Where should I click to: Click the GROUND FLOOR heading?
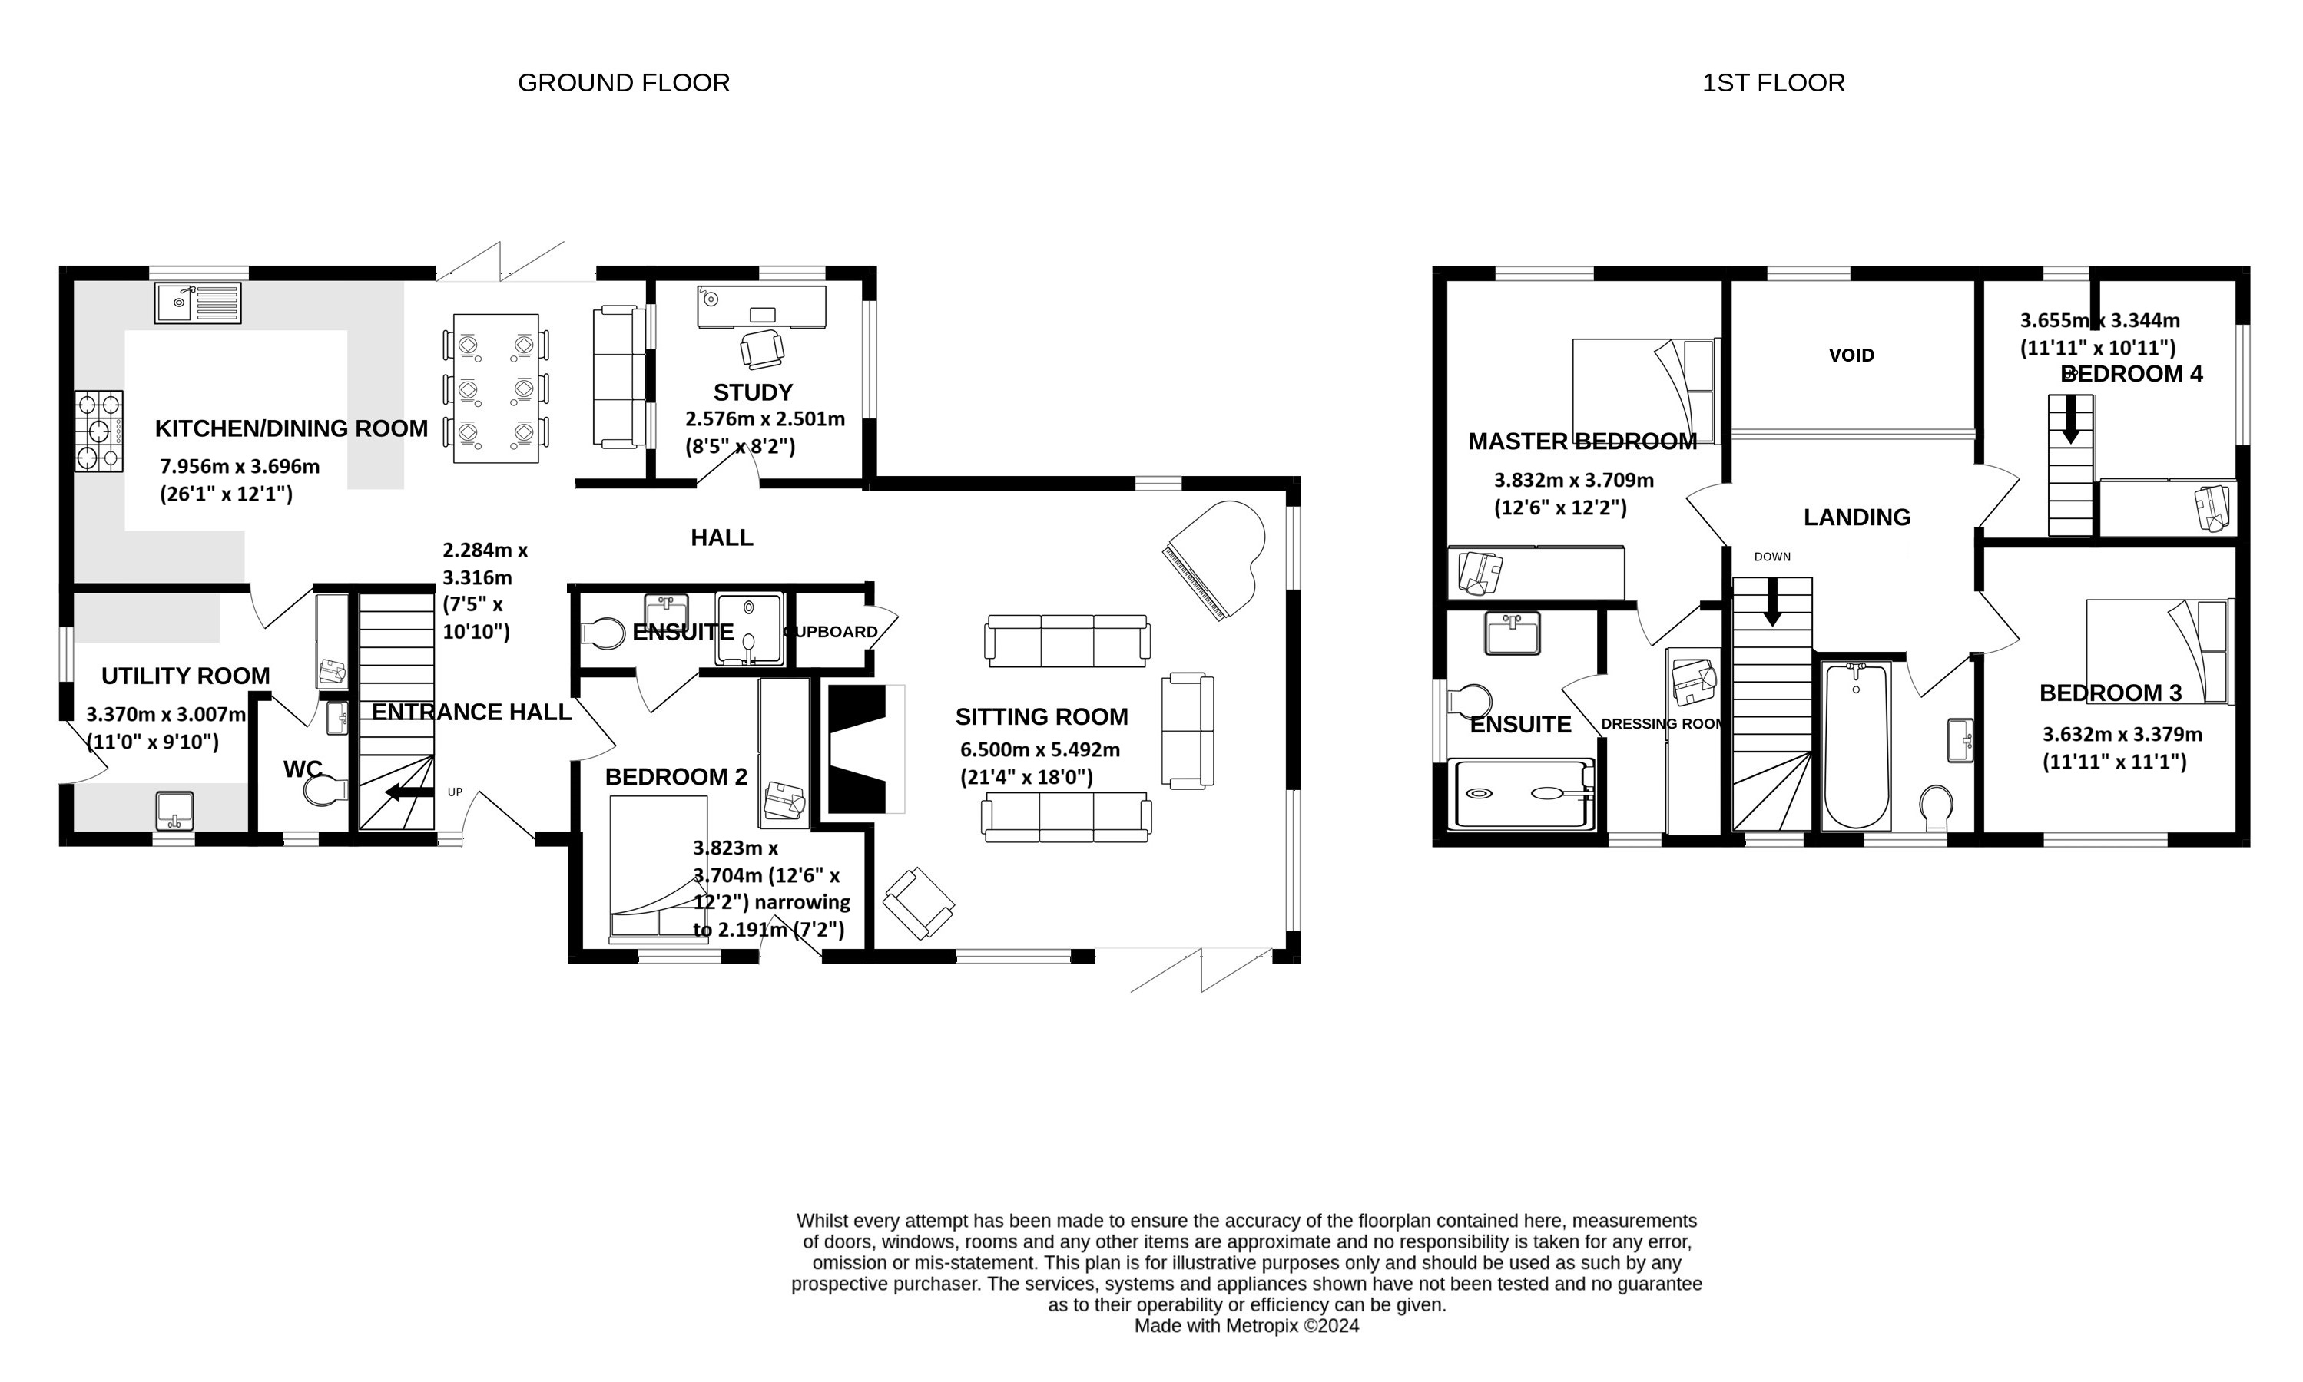(623, 83)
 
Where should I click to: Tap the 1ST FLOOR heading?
(1773, 83)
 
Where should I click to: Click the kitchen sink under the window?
(197, 302)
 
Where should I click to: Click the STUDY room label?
(753, 392)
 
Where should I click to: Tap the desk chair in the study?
(762, 349)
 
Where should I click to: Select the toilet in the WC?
(323, 791)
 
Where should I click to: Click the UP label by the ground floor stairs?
(455, 792)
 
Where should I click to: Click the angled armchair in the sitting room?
(919, 902)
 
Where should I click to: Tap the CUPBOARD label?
(831, 631)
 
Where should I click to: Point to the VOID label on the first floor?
(1851, 355)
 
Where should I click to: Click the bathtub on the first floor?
(1856, 745)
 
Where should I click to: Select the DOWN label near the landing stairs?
(1772, 557)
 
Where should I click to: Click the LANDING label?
(1857, 517)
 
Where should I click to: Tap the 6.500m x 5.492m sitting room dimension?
(1039, 749)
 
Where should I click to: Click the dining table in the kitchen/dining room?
(495, 388)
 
